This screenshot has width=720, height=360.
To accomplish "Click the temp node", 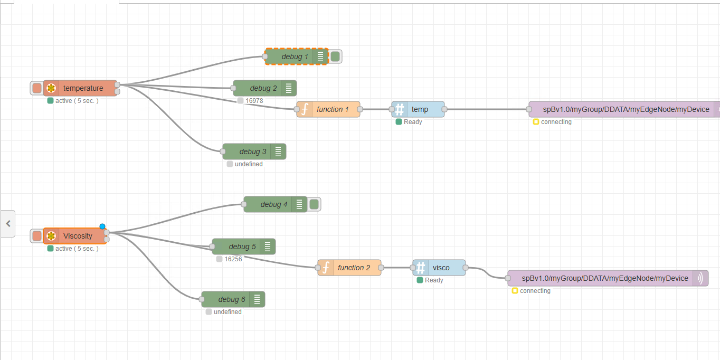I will coord(420,109).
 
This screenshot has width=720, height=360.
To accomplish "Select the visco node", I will coord(441,268).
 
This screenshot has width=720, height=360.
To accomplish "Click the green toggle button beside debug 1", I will coord(335,56).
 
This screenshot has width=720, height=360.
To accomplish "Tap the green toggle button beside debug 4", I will coord(314,204).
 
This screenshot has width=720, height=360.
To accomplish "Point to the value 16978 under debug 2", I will coord(254,101).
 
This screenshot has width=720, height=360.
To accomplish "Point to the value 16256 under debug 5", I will coord(233,259).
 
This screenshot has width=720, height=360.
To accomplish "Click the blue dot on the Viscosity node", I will coord(102,226).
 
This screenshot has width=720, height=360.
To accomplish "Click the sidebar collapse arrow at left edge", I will coord(8,224).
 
